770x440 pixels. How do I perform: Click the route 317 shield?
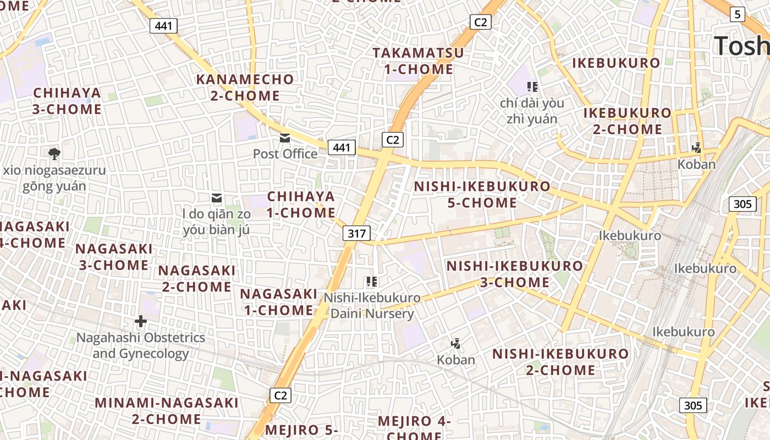[356, 233]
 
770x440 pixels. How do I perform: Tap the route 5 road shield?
[738, 14]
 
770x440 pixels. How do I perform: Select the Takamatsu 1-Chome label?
[419, 61]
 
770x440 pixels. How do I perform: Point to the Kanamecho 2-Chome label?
[245, 87]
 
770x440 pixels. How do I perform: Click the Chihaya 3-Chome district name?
[67, 101]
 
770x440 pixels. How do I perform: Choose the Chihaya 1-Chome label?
[301, 205]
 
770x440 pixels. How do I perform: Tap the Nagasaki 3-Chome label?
[114, 257]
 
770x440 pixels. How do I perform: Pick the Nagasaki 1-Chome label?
[279, 302]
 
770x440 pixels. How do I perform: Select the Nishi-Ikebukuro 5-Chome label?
[482, 194]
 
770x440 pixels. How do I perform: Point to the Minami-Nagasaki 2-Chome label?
[167, 410]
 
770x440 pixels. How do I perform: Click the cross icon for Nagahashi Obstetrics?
[141, 321]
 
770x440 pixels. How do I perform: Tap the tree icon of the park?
[54, 154]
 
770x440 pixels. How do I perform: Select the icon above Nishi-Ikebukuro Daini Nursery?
[372, 282]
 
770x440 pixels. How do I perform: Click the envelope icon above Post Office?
[285, 138]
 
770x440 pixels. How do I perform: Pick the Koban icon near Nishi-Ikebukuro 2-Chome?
[455, 344]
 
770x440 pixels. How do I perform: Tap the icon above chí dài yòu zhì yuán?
[532, 86]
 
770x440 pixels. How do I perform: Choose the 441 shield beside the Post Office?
[342, 147]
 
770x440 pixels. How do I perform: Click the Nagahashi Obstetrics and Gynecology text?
[141, 345]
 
